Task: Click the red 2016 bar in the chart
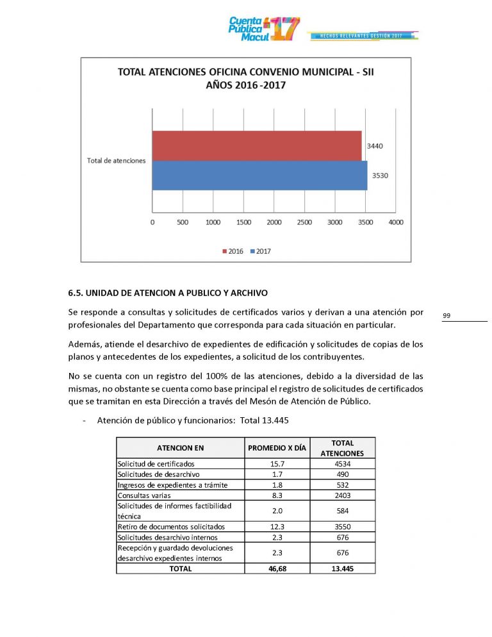256,145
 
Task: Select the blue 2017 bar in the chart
259,175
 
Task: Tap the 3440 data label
375,146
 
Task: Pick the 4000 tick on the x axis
396,222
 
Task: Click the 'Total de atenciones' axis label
116,160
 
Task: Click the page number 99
446,315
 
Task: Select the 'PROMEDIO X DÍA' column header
276,448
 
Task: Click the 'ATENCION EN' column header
180,448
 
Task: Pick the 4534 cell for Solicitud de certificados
343,463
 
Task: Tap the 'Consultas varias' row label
143,495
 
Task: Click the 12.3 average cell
276,527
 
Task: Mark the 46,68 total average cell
276,568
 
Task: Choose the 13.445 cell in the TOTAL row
343,568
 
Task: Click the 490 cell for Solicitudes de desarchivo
343,474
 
